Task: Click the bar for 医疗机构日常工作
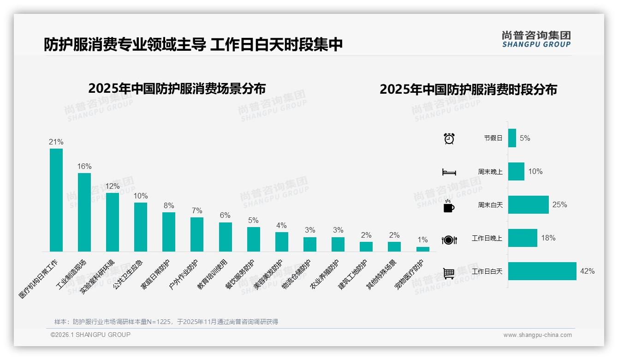coord(56,200)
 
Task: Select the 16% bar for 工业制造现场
coord(84,212)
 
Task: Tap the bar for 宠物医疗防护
coord(422,249)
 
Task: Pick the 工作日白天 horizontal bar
coord(542,271)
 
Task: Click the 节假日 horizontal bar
coord(512,138)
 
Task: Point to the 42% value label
coord(587,271)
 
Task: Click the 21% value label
coord(56,142)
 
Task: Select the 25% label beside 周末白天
coord(559,205)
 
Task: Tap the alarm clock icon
coord(449,138)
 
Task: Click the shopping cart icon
coord(449,273)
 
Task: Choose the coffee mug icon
coord(449,206)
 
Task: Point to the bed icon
coord(449,172)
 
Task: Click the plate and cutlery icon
coord(449,240)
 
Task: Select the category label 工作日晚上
coord(487,239)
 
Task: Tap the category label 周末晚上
coord(490,172)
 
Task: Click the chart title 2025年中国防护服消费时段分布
coord(468,90)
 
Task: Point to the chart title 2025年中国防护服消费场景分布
coord(177,88)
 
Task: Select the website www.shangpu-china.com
coord(537,335)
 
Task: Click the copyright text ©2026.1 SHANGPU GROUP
coord(90,335)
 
